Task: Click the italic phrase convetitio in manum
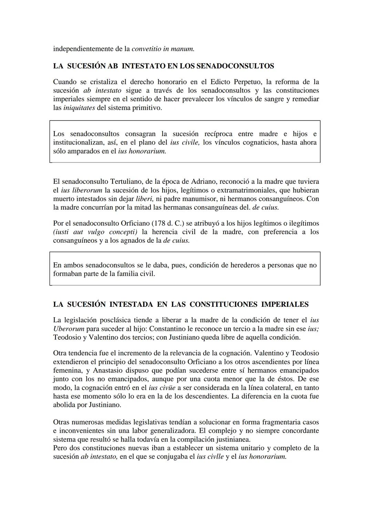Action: pos(163,49)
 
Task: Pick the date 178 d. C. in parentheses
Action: pos(167,223)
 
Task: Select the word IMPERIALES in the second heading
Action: pos(285,304)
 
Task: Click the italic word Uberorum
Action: pos(69,329)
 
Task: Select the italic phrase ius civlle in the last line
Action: pos(210,457)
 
